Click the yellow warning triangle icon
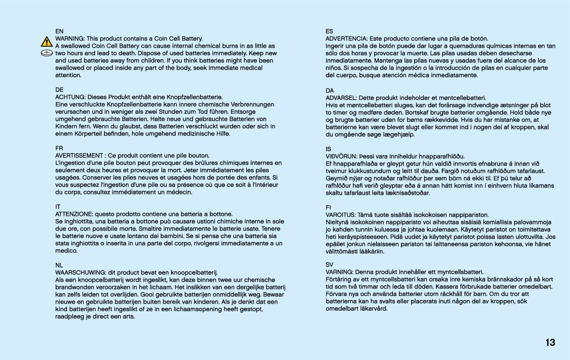pos(47,42)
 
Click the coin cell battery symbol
pos(47,53)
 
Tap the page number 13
pos(550,343)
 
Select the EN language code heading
pos(59,31)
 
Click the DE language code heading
pos(59,89)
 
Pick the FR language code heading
pos(59,148)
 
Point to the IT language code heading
pos(58,207)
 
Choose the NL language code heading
pos(59,265)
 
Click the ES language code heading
pos(329,31)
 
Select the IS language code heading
pos(328,149)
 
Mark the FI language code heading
pos(328,207)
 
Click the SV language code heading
pos(329,265)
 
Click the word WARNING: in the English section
pos(70,39)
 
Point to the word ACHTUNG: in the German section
pos(71,97)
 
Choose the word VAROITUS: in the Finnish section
pos(341,215)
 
